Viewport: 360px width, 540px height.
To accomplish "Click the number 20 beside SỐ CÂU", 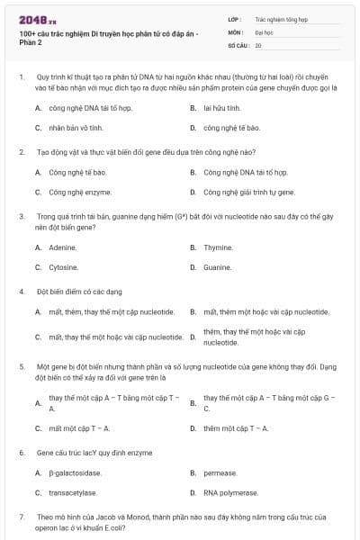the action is (x=258, y=45).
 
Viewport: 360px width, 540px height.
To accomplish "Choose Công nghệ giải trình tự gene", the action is (x=249, y=192).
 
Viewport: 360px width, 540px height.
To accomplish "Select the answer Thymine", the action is (x=218, y=247).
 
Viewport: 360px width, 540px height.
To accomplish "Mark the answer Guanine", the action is (x=218, y=267).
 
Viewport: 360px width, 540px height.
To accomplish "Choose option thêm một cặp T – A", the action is (x=236, y=428).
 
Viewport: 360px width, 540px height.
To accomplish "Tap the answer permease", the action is (x=220, y=472).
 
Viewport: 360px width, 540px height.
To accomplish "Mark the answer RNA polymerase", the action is (x=233, y=493).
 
